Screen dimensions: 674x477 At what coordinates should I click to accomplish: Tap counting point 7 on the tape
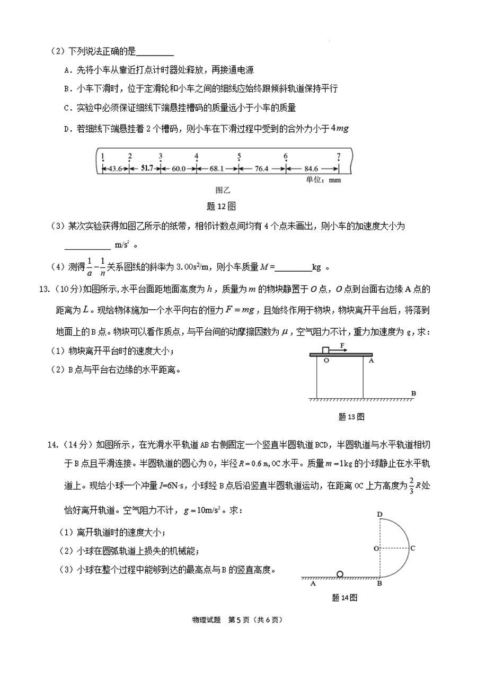tap(338, 157)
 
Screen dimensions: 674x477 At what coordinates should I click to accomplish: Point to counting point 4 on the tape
tap(196, 157)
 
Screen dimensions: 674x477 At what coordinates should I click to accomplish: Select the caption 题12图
tap(220, 206)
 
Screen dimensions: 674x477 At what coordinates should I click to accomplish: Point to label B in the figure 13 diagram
tap(413, 393)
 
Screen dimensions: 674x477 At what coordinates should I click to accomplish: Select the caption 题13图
tap(351, 417)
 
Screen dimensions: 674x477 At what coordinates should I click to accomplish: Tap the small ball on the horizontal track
tap(340, 573)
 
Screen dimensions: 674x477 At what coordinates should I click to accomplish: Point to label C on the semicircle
tap(413, 549)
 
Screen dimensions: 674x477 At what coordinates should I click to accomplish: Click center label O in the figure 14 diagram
tap(375, 549)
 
